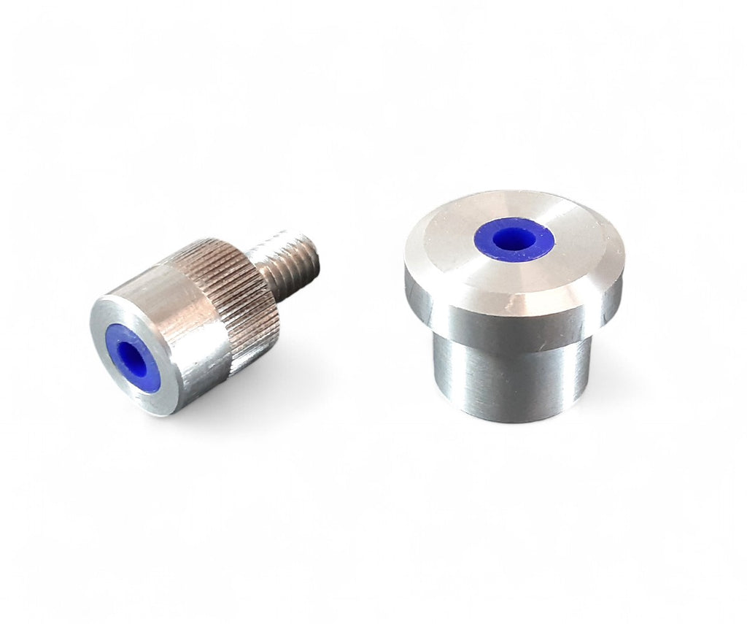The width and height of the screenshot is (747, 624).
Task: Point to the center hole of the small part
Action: (x=131, y=355)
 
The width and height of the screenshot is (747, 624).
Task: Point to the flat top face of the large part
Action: (x=452, y=241)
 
